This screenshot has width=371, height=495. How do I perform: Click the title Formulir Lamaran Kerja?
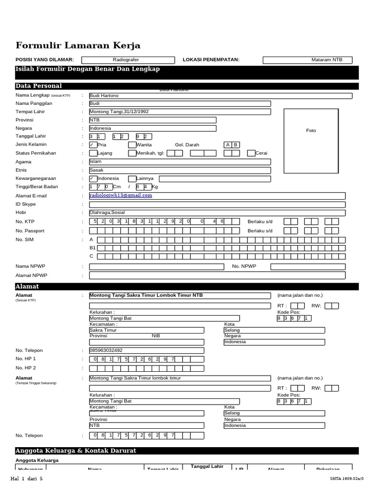pos(78,46)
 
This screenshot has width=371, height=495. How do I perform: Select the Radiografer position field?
pos(128,60)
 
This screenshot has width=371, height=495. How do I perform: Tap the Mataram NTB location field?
pos(307,60)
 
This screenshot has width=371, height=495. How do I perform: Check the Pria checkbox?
pos(93,145)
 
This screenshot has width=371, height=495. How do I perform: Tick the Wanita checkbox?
pos(132,145)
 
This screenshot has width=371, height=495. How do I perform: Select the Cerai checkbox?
pos(251,153)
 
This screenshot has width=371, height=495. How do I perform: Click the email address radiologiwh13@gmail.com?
pos(121,195)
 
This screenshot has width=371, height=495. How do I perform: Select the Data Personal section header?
pos(39,86)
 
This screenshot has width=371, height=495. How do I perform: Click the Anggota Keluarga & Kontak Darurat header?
pos(76,451)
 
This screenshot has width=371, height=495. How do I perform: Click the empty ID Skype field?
pos(217,204)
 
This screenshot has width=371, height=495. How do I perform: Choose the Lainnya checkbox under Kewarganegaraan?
pos(132,179)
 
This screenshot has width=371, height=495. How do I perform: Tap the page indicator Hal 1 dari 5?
pos(27,479)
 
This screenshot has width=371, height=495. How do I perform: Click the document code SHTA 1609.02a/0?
pos(345,479)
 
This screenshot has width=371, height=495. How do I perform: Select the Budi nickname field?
pos(180,103)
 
